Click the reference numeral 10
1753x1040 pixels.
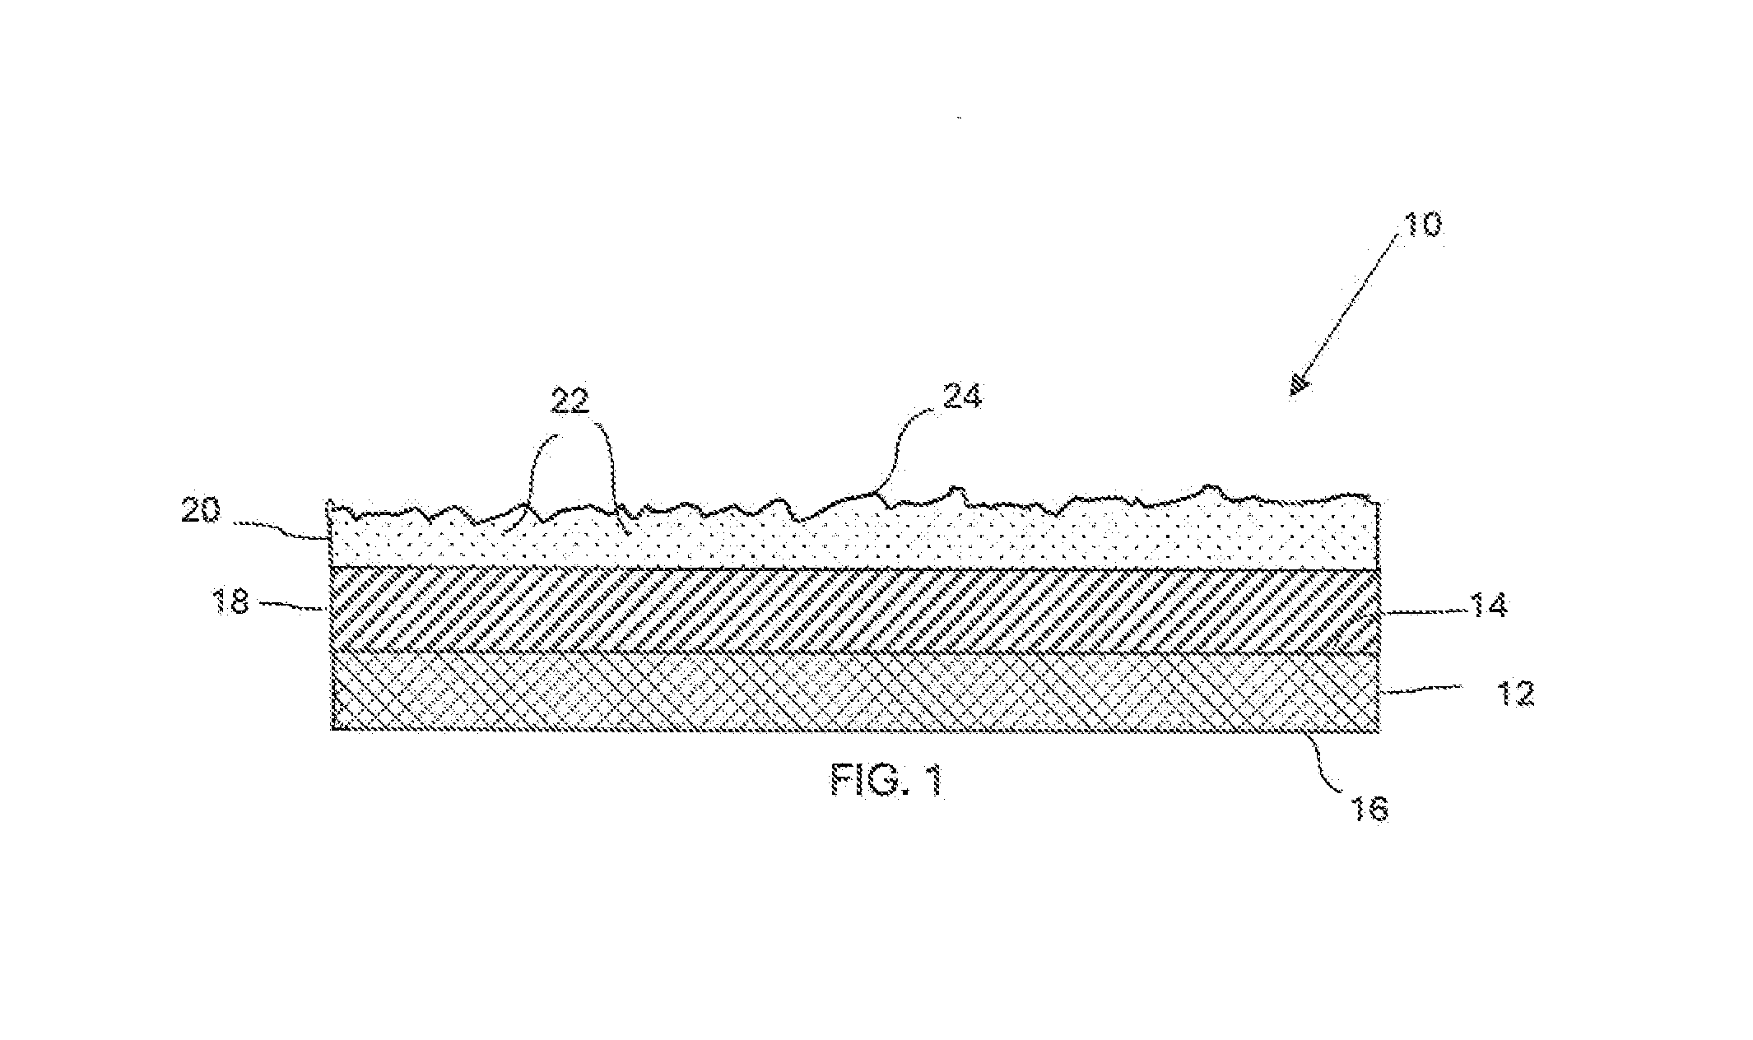[1421, 225]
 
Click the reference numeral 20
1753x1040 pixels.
[202, 511]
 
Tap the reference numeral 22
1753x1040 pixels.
[571, 402]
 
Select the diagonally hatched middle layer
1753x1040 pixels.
[854, 610]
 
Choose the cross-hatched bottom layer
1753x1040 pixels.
[854, 691]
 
